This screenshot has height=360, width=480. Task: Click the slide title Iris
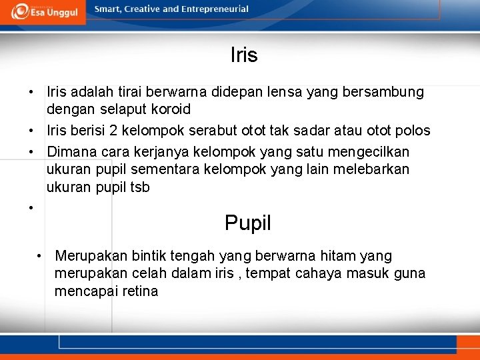(x=244, y=55)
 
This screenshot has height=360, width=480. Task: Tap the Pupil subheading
(x=248, y=223)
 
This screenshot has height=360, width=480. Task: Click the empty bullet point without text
(x=31, y=208)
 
